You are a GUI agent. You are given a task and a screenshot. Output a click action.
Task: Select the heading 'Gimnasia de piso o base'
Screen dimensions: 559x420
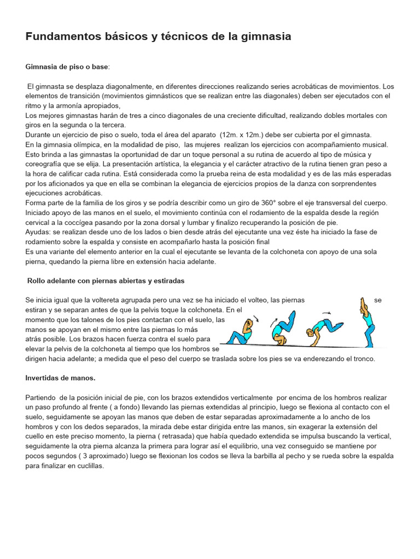(67, 67)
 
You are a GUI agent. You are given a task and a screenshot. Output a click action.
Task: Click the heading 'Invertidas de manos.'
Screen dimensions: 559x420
(61, 378)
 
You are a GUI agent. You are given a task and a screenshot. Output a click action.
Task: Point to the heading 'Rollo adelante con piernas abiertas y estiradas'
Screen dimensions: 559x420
(106, 281)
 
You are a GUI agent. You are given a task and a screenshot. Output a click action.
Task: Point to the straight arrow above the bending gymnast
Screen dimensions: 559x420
(326, 313)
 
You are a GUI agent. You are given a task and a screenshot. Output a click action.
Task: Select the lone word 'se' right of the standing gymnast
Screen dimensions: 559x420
(378, 300)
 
